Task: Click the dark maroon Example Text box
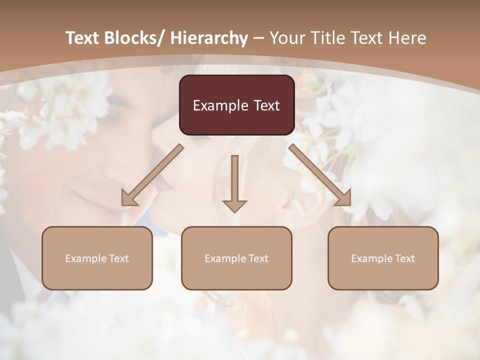[236, 105]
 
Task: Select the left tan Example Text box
[97, 258]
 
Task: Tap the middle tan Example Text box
[236, 258]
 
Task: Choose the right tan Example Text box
[383, 258]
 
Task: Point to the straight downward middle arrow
[234, 180]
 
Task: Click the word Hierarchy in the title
[209, 38]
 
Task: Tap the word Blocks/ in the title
[135, 38]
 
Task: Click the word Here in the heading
[408, 38]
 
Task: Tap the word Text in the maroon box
[266, 105]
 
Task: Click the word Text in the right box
[404, 258]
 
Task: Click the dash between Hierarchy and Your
[258, 38]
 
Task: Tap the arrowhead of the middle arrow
[234, 206]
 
